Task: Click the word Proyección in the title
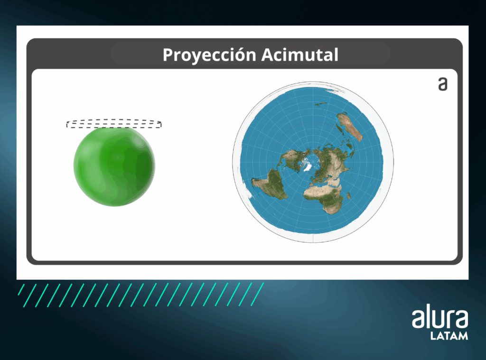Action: tap(209, 55)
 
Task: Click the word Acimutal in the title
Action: tap(300, 55)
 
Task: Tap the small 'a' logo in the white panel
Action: tap(443, 84)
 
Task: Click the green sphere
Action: tap(114, 166)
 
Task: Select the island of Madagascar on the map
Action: tap(349, 196)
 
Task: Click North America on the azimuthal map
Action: tap(291, 159)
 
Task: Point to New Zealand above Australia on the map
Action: tap(321, 104)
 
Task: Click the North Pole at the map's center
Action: tap(313, 162)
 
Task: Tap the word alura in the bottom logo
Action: tap(440, 318)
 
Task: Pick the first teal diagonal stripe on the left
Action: tap(21, 290)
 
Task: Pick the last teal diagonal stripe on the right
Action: tap(257, 295)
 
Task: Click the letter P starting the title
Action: tap(168, 55)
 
